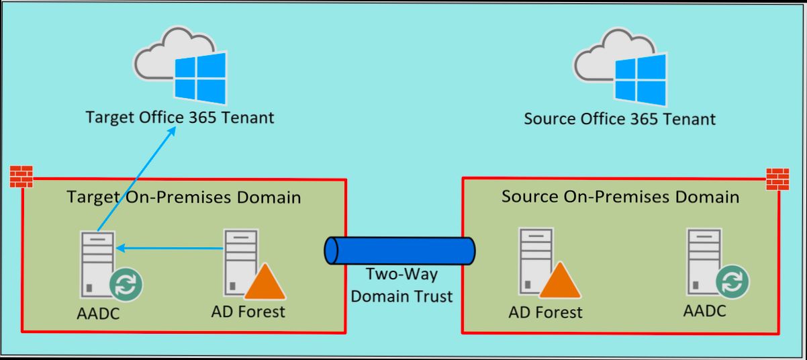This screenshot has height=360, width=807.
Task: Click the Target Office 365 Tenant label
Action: pyautogui.click(x=180, y=118)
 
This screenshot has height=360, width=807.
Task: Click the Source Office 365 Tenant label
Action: pyautogui.click(x=619, y=120)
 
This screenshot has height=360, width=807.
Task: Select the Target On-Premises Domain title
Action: pyautogui.click(x=183, y=197)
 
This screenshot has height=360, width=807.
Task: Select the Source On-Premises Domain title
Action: pyautogui.click(x=620, y=197)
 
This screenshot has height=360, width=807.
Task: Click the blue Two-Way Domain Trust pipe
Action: pyautogui.click(x=399, y=251)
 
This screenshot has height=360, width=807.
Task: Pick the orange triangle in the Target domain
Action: pyautogui.click(x=265, y=283)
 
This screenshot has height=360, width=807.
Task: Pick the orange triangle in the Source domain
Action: pyautogui.click(x=559, y=282)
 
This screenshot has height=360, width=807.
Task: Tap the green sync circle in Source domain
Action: pyautogui.click(x=732, y=282)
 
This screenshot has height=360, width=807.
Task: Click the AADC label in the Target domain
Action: pyautogui.click(x=99, y=314)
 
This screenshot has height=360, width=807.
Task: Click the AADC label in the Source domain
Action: pyautogui.click(x=704, y=311)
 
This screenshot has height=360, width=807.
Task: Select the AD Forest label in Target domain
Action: pyautogui.click(x=248, y=312)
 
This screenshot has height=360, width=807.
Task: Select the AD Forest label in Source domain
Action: pyautogui.click(x=545, y=312)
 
